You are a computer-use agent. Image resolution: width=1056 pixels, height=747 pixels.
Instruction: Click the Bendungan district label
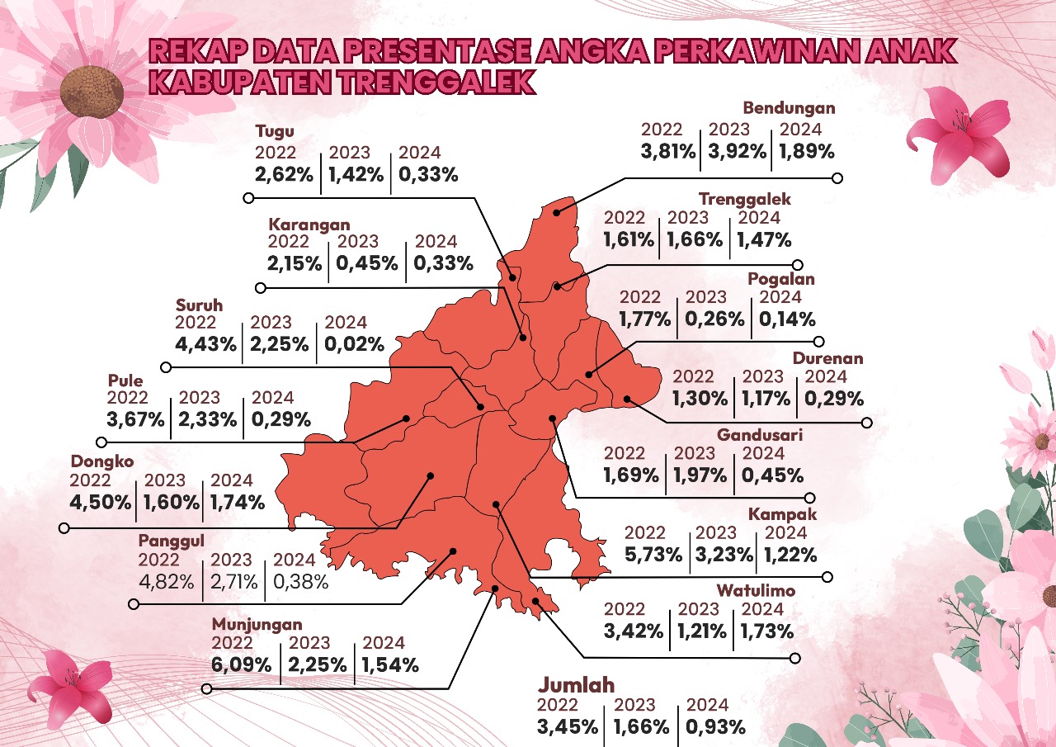point(789,108)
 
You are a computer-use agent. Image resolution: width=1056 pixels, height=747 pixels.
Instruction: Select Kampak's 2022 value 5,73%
point(653,555)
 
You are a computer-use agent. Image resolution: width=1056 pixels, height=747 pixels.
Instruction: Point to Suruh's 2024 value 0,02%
point(354,344)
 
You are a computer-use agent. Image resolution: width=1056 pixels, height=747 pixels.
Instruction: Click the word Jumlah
point(577,685)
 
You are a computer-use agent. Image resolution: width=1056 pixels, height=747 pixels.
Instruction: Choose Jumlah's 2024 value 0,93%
point(714,727)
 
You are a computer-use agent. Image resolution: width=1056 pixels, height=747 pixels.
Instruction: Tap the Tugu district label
point(275,131)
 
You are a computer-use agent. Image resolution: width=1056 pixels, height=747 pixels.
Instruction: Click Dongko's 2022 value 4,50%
point(101,502)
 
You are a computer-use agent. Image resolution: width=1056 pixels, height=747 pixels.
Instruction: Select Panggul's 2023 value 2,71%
point(233,582)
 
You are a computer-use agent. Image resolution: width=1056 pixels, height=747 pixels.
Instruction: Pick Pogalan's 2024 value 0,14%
point(787,319)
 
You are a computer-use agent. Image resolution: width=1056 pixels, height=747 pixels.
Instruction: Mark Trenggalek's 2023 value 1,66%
point(695,239)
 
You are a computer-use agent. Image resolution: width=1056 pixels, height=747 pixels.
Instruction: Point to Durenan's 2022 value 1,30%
point(700,399)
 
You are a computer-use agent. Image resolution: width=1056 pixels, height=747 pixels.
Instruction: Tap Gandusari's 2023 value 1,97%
point(700,475)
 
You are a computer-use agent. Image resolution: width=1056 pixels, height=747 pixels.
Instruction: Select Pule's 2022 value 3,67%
point(136,419)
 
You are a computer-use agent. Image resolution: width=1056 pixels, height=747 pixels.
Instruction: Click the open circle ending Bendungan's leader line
point(837,177)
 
